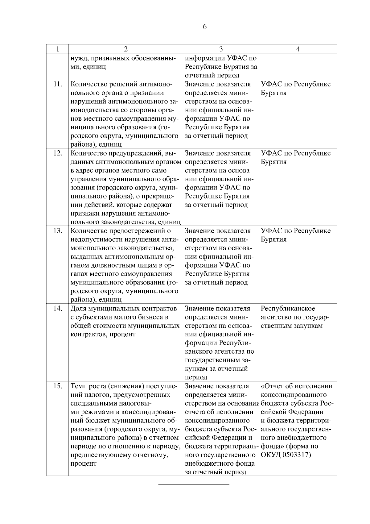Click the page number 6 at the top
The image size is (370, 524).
[205, 27]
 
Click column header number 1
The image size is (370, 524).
[57, 49]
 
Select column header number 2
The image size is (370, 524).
[125, 49]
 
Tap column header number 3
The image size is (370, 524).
[221, 49]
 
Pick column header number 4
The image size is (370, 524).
[298, 49]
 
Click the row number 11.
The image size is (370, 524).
[58, 84]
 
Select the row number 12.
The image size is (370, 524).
[58, 153]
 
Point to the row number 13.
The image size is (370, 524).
[58, 231]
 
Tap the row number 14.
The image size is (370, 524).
[58, 308]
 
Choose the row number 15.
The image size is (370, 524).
[58, 386]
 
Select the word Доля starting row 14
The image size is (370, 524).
[78, 308]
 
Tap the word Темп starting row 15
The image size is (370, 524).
[79, 386]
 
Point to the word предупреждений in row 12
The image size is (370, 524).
[138, 153]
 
